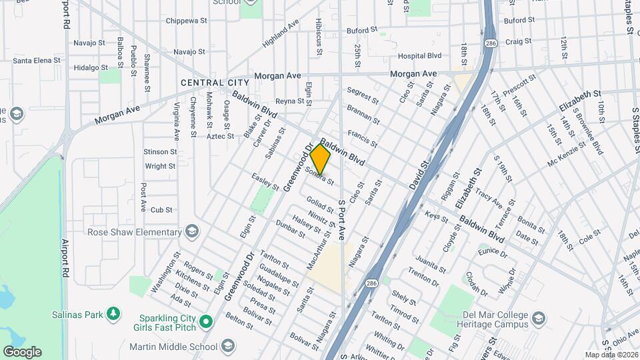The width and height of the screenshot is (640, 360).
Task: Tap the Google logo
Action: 22,352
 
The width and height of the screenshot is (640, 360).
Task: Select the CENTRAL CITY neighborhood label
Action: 211,83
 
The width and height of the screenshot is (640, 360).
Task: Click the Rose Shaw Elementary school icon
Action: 192,232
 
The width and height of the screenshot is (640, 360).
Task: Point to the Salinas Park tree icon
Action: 113,313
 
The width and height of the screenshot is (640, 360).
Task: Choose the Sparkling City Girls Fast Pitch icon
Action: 206,323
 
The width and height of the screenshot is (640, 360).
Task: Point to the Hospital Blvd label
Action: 420,57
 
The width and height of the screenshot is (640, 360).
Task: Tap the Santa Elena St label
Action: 37,60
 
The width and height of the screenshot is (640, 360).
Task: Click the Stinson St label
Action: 159,152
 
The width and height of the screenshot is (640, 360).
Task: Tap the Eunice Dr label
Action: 493,251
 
